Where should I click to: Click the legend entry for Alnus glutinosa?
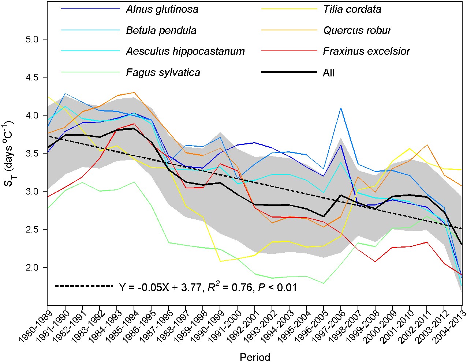pyautogui.click(x=162, y=9)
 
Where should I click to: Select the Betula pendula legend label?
pyautogui.click(x=161, y=30)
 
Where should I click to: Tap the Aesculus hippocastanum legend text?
pyautogui.click(x=185, y=51)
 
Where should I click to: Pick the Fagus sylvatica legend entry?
pyautogui.click(x=163, y=72)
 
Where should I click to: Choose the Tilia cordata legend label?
pyautogui.click(x=352, y=9)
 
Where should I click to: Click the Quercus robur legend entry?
pyautogui.click(x=357, y=30)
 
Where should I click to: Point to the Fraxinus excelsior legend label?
pyautogui.click(x=366, y=51)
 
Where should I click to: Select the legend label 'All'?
pyautogui.click(x=329, y=73)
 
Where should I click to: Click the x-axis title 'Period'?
pyautogui.click(x=255, y=357)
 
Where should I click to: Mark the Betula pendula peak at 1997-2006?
pyautogui.click(x=341, y=108)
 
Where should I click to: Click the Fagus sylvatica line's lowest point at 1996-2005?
pyautogui.click(x=324, y=283)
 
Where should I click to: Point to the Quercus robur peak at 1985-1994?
pyautogui.click(x=134, y=93)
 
